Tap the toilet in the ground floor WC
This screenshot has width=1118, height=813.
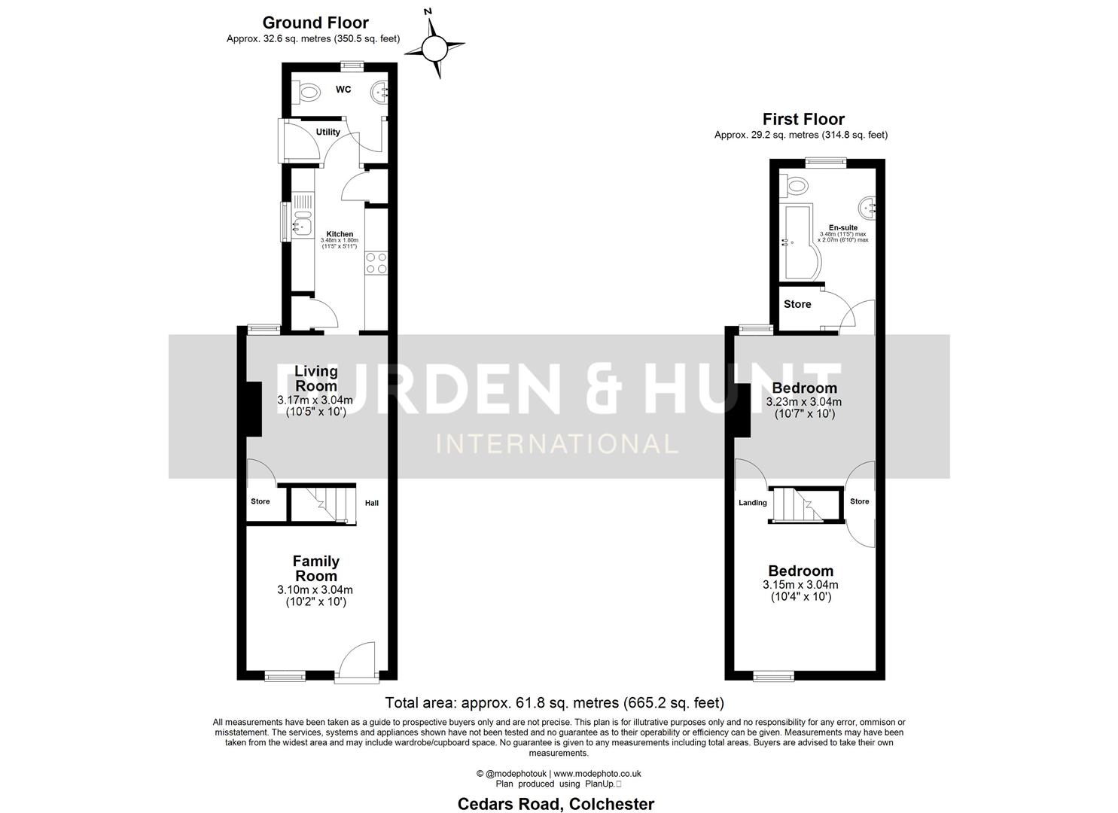pos(307,92)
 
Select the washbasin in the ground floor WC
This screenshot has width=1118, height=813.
pos(380,92)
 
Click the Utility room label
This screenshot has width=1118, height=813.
pos(327,132)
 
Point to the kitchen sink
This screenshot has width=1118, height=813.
pos(303,223)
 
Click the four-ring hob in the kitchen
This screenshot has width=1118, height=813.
pos(376,263)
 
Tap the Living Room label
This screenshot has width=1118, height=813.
pos(315,378)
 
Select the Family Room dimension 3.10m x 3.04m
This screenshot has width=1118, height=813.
pos(315,589)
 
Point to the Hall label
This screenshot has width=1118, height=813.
pos(372,503)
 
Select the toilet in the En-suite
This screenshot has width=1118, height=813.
pos(795,184)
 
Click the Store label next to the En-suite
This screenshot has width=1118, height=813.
pos(797,304)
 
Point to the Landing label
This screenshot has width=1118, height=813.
pos(752,503)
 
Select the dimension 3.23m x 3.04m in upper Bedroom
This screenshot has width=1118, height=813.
pos(803,402)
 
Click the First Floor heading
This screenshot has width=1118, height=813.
pos(803,119)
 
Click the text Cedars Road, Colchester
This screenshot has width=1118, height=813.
pos(556,804)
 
